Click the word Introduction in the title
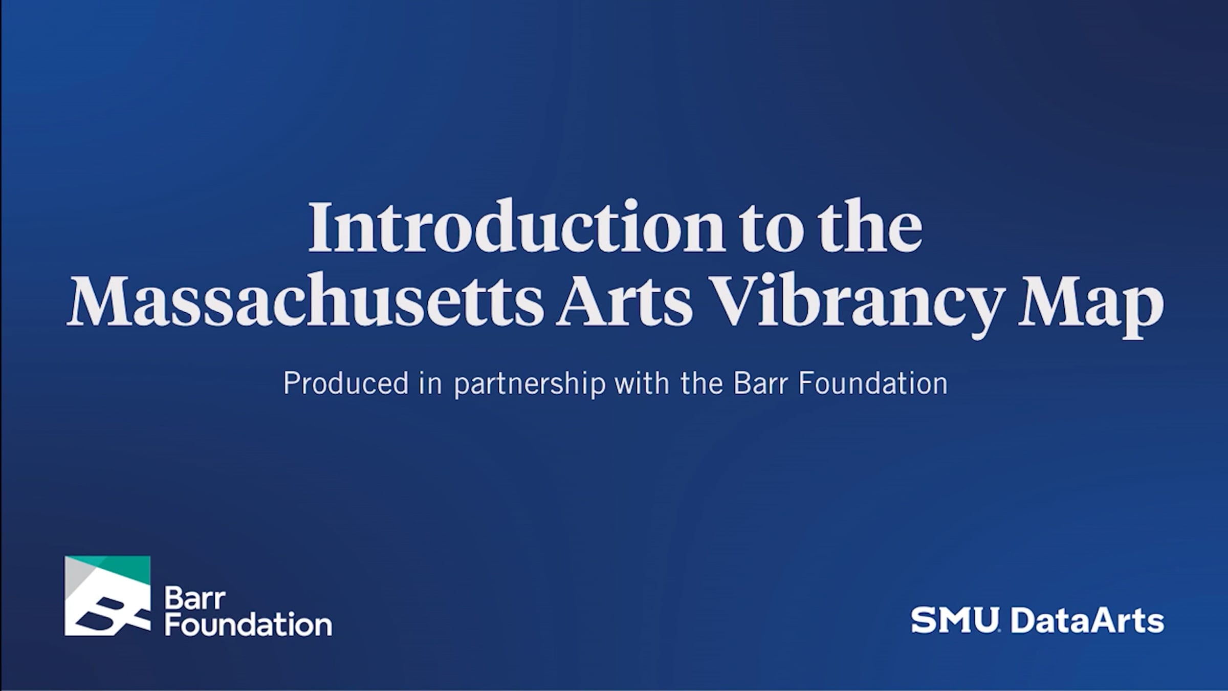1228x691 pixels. [516, 227]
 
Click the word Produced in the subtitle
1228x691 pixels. [346, 383]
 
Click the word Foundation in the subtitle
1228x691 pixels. [873, 383]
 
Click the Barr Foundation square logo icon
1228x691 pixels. [107, 596]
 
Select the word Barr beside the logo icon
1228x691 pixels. [194, 599]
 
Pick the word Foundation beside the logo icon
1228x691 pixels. [248, 625]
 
